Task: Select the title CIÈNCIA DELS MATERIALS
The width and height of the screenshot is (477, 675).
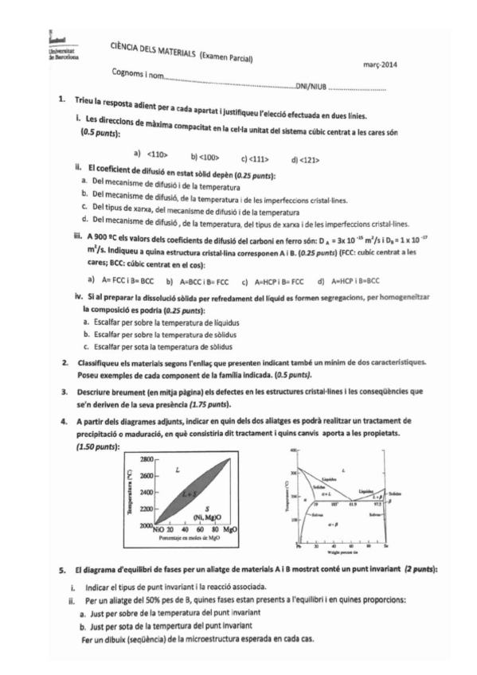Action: click(152, 52)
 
